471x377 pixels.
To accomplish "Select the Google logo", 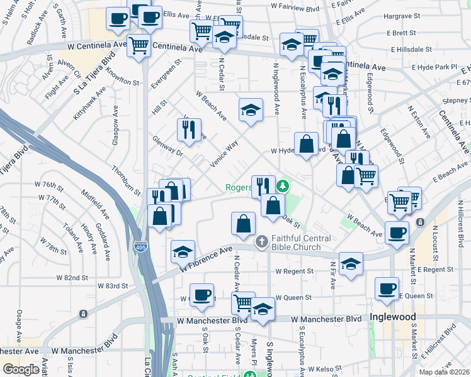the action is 21,369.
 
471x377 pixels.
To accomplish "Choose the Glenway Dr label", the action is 167,145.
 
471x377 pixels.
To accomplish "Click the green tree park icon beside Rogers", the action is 283,186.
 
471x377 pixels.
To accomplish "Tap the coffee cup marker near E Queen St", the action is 387,288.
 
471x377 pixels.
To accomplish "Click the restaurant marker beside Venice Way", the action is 189,129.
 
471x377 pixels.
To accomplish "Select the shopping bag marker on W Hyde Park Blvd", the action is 306,144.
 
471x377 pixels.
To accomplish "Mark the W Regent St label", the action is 294,271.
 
